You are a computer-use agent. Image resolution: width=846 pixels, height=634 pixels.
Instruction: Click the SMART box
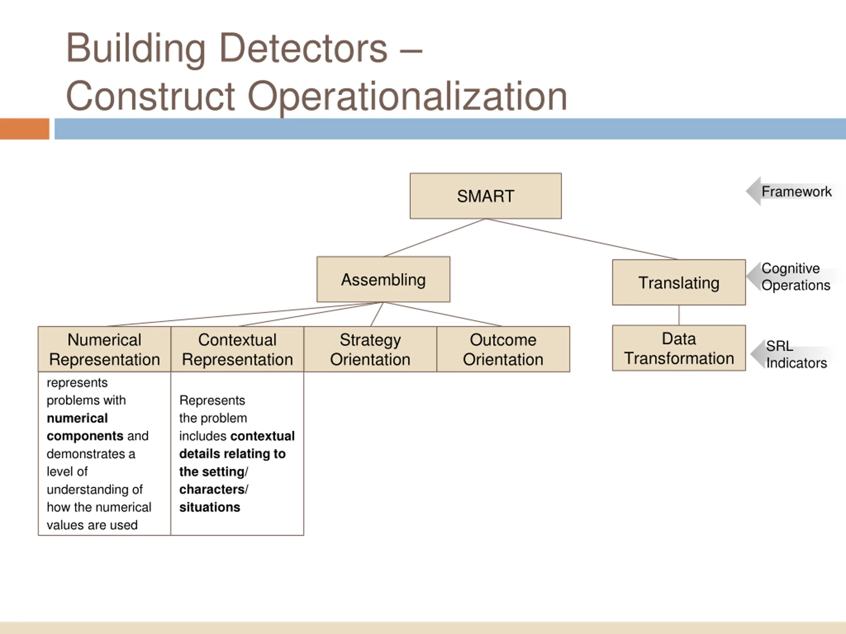click(x=485, y=196)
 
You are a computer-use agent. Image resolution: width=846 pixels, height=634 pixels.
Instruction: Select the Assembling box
click(x=383, y=279)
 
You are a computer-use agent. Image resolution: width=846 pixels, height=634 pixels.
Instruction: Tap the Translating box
click(x=678, y=282)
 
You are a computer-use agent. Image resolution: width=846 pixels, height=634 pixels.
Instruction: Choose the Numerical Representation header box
click(x=104, y=349)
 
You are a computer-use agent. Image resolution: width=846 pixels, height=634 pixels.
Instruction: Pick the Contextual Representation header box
click(x=237, y=349)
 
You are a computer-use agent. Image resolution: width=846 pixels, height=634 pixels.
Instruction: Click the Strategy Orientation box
click(x=370, y=349)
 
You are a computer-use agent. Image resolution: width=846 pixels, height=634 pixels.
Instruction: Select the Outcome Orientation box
click(x=503, y=349)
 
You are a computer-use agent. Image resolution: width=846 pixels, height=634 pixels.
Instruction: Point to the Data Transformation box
click(x=678, y=348)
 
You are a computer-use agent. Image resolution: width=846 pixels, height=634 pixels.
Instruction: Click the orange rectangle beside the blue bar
click(x=24, y=129)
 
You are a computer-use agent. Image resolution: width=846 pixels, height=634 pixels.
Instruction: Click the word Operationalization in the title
click(x=407, y=96)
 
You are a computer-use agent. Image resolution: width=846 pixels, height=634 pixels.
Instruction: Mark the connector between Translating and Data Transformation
click(x=679, y=315)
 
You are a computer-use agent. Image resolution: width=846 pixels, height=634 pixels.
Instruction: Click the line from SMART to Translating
click(x=581, y=239)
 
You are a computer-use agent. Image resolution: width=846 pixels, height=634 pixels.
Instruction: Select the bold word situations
click(x=210, y=507)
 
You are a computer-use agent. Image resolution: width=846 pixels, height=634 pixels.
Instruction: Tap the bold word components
click(x=85, y=436)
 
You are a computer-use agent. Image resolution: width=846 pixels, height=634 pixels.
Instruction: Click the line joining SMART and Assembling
click(x=435, y=238)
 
